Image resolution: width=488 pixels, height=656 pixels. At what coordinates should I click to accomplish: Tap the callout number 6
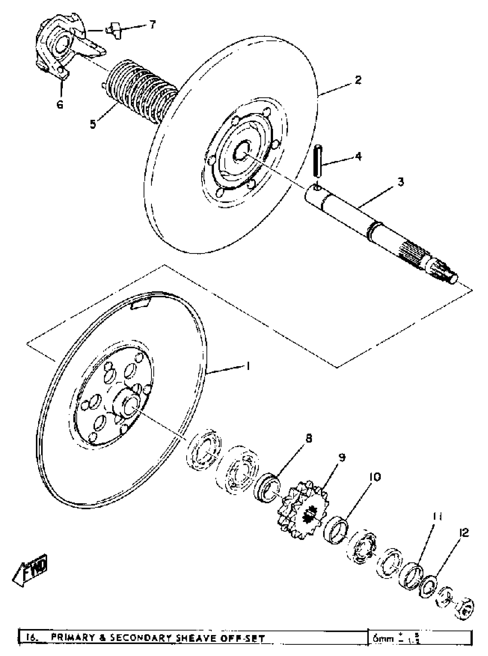[60, 104]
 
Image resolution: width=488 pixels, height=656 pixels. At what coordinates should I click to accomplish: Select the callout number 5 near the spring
[93, 124]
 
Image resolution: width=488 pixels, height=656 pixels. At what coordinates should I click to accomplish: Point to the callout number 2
[358, 80]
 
